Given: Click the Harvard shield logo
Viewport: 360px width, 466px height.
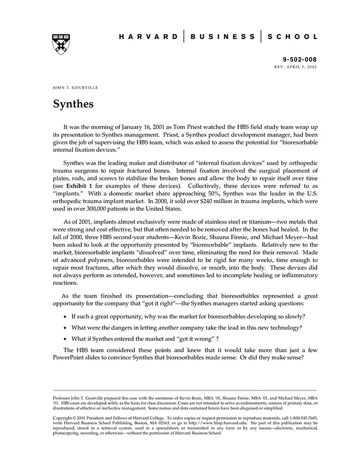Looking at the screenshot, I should click(x=61, y=44).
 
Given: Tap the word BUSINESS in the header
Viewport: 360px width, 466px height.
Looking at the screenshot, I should click(x=223, y=37).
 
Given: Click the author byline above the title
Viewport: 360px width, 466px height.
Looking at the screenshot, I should click(x=76, y=88).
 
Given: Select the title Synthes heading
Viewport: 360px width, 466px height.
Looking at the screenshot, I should click(x=73, y=104).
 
